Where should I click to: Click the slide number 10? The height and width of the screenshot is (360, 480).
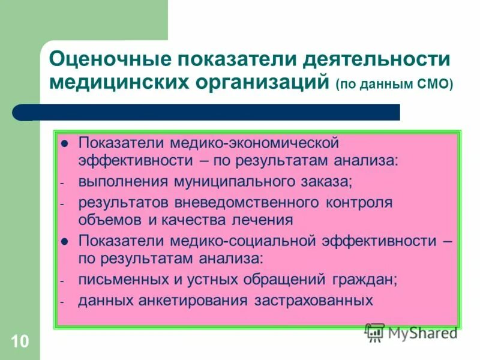click(x=19, y=343)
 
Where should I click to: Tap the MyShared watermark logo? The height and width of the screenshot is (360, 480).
click(x=411, y=331)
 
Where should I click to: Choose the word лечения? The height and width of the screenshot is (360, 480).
click(x=264, y=220)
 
